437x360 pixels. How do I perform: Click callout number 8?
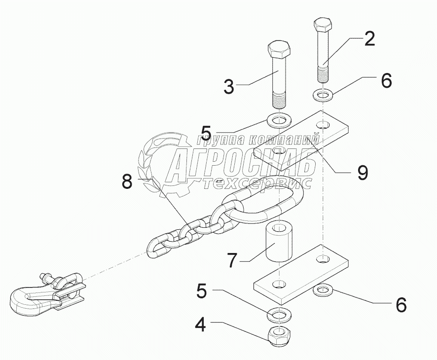[x=127, y=182]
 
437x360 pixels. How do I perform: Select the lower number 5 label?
[x=201, y=290]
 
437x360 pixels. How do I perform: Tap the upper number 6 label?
[x=386, y=80]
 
